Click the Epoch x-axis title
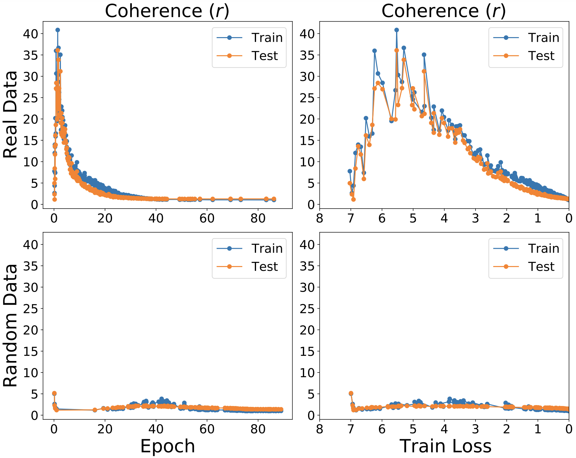coord(167,446)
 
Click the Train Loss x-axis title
coord(445,446)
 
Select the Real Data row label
coord(10,115)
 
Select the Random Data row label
coord(10,325)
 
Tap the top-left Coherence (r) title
coord(167,11)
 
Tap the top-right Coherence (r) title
coord(444,11)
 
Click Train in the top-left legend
coord(267,38)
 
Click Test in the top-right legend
coord(541,56)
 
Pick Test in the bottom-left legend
coord(265,266)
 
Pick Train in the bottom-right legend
coord(544,248)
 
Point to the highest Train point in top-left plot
coord(58,30)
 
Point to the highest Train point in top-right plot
coord(396,30)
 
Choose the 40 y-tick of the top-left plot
coord(31,33)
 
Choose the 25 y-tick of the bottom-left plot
coord(31,309)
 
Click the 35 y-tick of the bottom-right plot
coord(308,266)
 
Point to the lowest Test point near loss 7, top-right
coord(353,200)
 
